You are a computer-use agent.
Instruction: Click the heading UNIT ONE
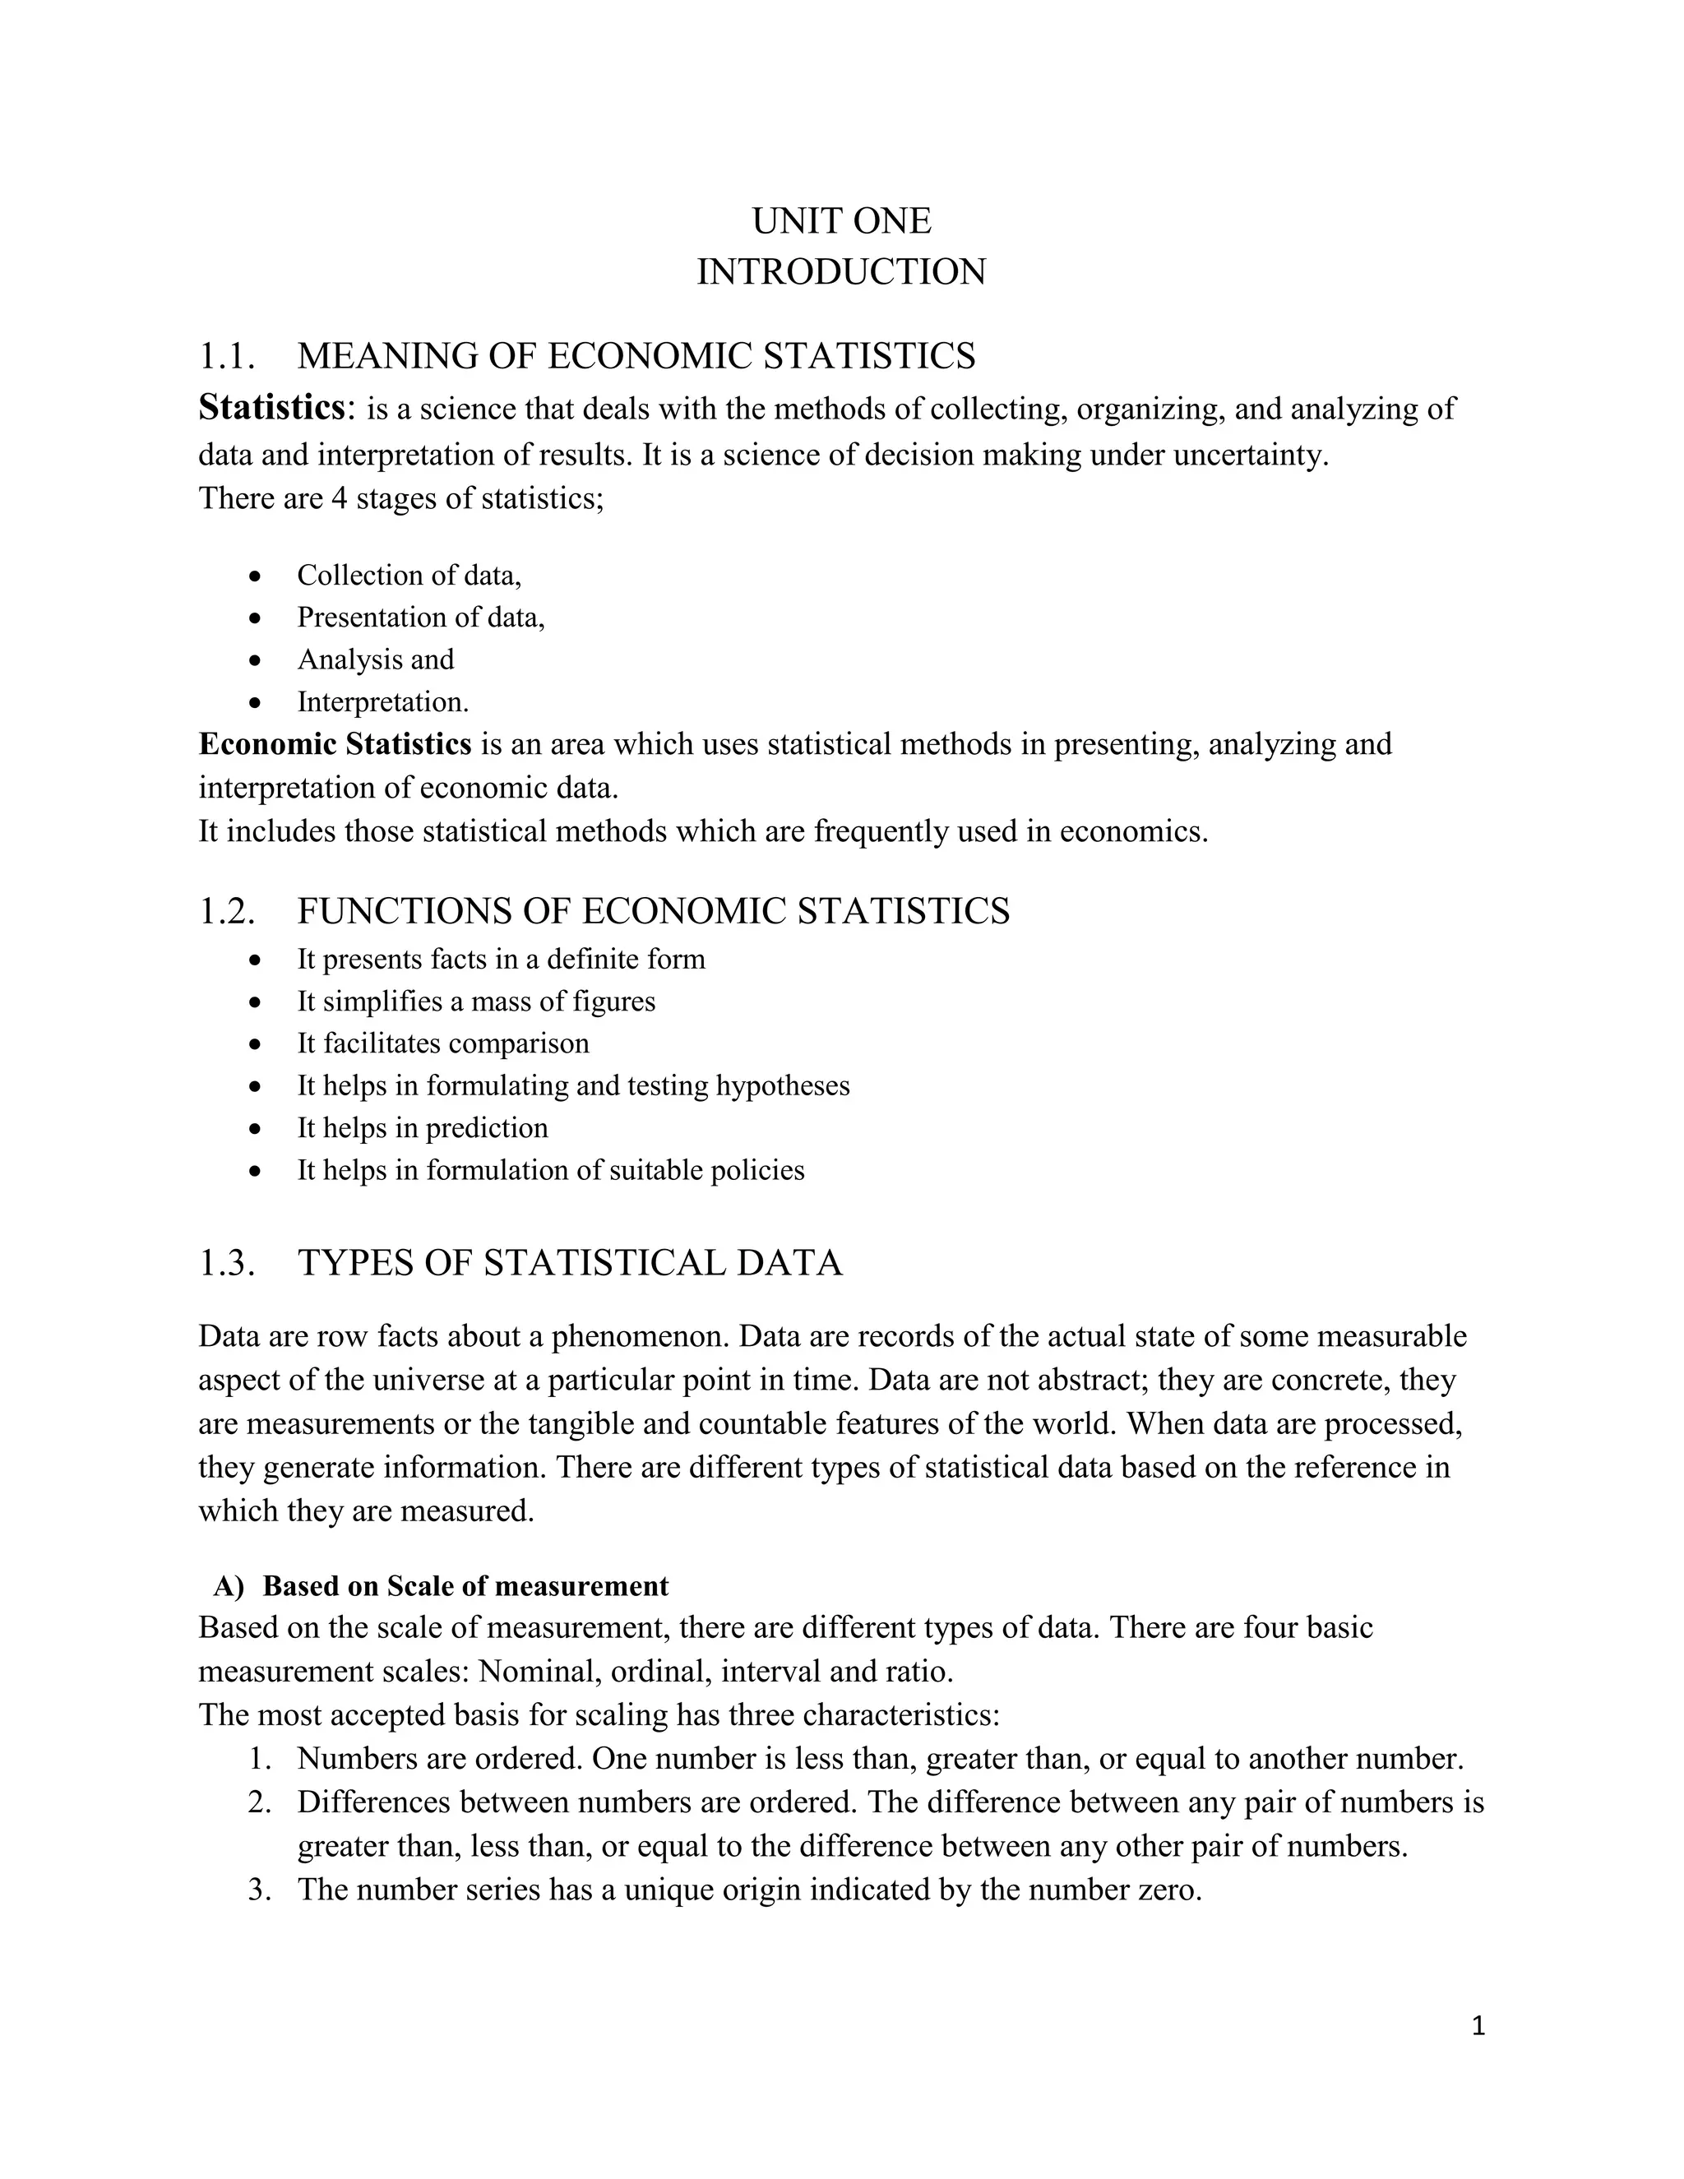pyautogui.click(x=841, y=221)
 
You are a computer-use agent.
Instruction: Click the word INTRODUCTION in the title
pyautogui.click(x=841, y=272)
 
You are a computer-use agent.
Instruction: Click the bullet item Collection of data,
pyautogui.click(x=409, y=576)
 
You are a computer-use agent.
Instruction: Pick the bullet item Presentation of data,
pyautogui.click(x=421, y=618)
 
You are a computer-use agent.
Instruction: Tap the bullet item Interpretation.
pyautogui.click(x=382, y=702)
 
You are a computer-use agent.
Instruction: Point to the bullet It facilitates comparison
pyautogui.click(x=443, y=1043)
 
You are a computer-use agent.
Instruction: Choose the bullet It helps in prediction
pyautogui.click(x=422, y=1128)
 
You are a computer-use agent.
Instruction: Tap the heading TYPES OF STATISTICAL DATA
pyautogui.click(x=570, y=1263)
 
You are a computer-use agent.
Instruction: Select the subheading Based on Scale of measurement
pyautogui.click(x=465, y=1586)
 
